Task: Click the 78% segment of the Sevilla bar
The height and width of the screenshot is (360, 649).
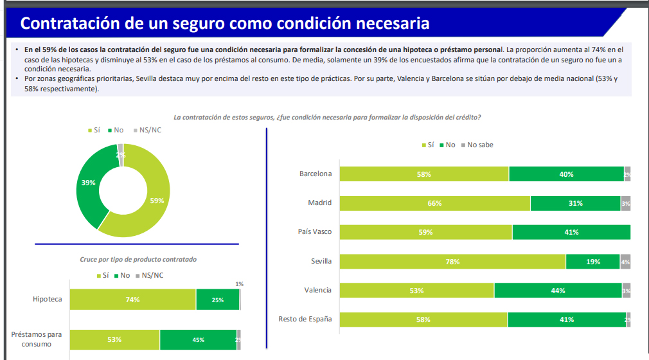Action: [452, 262]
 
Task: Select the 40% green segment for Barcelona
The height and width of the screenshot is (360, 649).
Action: [566, 174]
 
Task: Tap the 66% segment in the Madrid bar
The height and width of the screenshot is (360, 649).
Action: [435, 203]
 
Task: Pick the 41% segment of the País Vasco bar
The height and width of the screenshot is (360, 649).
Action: [571, 232]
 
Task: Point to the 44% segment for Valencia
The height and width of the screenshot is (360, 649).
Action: [558, 291]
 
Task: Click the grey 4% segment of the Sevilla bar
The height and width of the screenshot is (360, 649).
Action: [625, 262]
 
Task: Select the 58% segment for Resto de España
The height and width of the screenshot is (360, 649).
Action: [423, 319]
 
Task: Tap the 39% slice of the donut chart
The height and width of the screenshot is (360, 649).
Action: [89, 183]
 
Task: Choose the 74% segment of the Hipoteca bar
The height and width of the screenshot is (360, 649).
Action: [132, 300]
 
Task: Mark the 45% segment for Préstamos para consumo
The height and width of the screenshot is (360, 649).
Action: [198, 339]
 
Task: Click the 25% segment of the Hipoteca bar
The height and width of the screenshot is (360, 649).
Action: [217, 300]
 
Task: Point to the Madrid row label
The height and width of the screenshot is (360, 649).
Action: [319, 203]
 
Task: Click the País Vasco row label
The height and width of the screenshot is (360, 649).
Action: [314, 232]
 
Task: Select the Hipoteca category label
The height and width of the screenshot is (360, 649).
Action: [48, 300]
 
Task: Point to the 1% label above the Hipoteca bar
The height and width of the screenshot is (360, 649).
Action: [239, 283]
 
